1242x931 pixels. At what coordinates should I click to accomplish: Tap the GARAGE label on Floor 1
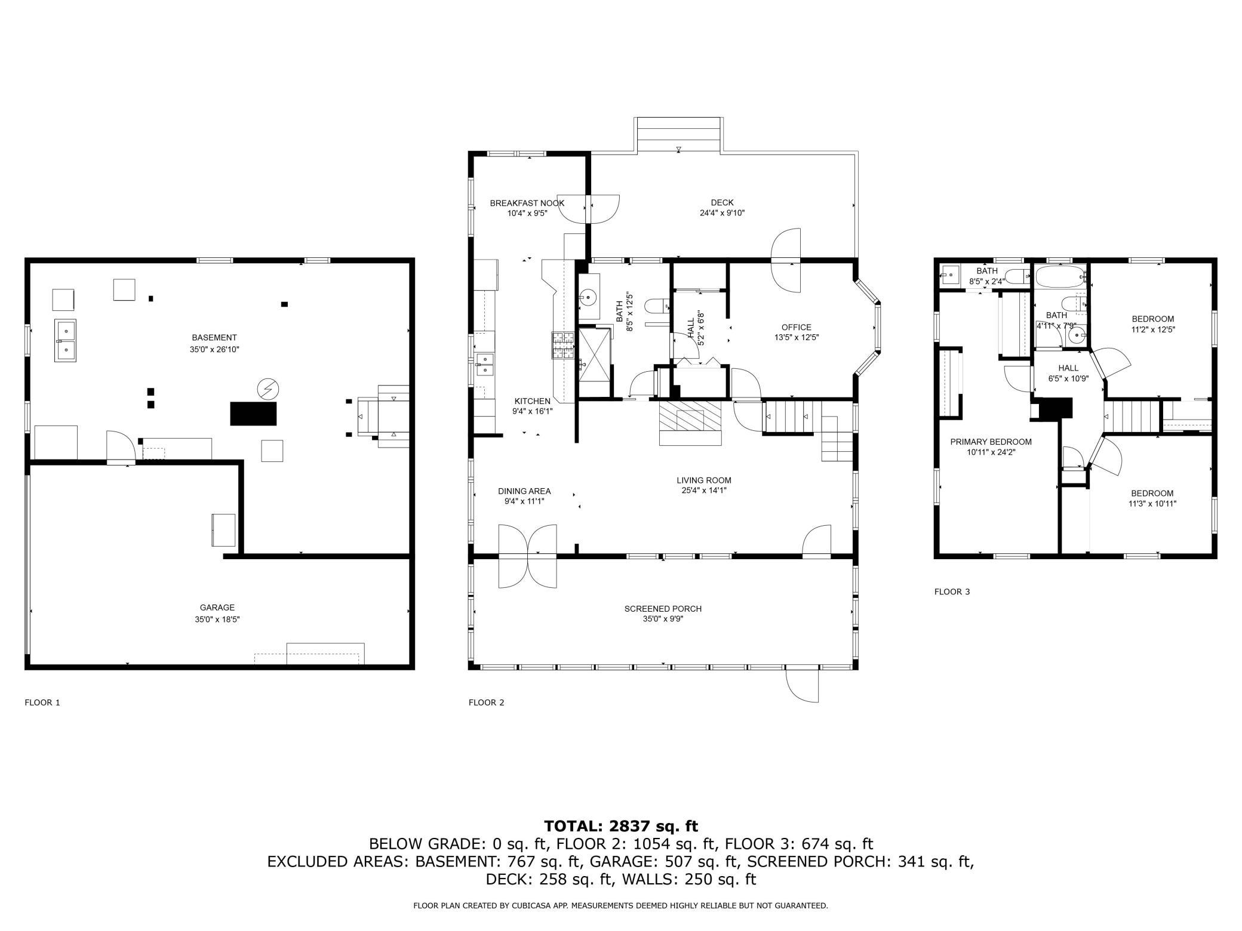point(217,608)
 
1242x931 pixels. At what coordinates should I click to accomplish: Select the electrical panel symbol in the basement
point(268,389)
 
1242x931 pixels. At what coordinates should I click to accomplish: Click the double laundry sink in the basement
point(66,340)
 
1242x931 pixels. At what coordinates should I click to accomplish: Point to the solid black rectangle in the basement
point(254,414)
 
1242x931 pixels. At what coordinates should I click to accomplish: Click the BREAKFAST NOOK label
point(527,203)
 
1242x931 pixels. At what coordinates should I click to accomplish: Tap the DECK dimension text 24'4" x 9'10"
point(722,213)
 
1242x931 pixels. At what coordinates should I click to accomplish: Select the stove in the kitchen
point(562,345)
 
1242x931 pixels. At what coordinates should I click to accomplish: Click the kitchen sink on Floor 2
point(485,365)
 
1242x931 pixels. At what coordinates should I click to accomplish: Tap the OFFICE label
point(797,327)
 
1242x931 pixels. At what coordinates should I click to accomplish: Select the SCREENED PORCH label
point(663,609)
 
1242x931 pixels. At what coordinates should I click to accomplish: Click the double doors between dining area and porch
point(527,556)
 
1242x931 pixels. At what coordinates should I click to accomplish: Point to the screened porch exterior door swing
point(803,685)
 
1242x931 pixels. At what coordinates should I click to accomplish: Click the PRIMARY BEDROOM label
point(991,442)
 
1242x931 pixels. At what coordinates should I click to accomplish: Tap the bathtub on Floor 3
point(1060,277)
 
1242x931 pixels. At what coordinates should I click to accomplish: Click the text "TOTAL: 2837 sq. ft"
point(620,826)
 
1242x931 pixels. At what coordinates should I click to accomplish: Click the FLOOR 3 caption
point(952,592)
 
